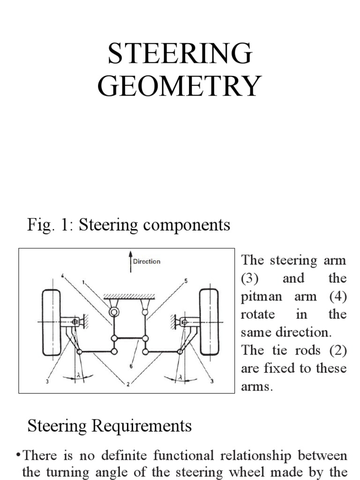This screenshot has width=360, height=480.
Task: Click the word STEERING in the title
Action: coord(180,53)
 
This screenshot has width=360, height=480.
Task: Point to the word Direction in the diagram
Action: coord(147,262)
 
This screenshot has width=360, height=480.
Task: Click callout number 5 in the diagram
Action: coord(186,281)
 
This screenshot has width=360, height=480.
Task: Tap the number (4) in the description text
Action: coord(338,296)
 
